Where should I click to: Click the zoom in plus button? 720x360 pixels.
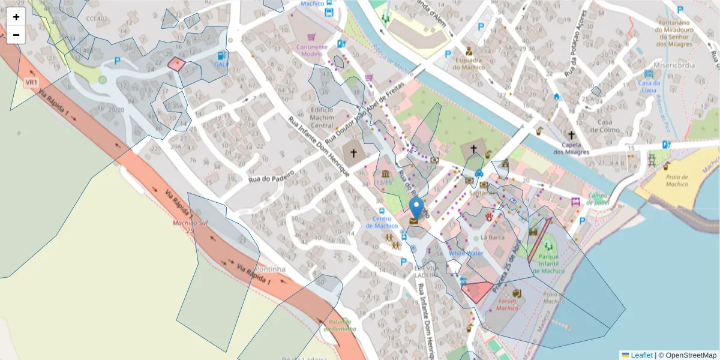pos(16,17)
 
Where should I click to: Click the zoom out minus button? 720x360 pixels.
pos(16,35)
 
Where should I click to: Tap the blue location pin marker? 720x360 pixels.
pos(416,209)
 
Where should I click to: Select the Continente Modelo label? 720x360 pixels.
pos(311,50)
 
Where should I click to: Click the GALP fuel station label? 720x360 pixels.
pos(221,64)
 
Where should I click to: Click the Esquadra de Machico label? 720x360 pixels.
pos(469,63)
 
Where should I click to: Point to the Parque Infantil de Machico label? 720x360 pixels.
pos(548,263)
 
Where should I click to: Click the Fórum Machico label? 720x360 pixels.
pos(508,304)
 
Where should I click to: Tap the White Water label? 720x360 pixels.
pos(466,253)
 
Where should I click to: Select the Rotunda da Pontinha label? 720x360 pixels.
pos(340,325)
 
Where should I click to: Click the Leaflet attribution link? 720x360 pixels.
pos(641,355)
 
